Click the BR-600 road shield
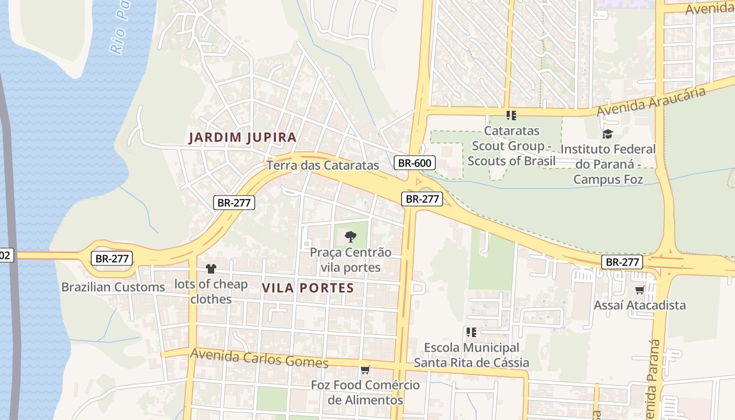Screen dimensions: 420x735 (414, 163)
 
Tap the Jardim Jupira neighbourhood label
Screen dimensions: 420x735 (243, 138)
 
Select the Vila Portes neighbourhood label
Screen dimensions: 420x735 (308, 288)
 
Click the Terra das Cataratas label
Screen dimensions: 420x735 (322, 165)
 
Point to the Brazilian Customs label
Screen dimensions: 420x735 (113, 287)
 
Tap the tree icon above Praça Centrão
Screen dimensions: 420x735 (350, 237)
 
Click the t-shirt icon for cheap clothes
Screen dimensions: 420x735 (211, 269)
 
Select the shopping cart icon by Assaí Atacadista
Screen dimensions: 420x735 (639, 290)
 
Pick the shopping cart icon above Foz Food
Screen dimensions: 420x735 (365, 370)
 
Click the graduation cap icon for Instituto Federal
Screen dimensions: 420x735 (607, 134)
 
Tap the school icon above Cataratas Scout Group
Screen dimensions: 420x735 (511, 115)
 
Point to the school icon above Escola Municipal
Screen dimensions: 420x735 (471, 332)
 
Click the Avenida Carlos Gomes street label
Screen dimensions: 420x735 (259, 358)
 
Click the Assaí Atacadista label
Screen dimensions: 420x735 (639, 305)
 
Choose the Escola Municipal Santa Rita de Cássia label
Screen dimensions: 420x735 (471, 355)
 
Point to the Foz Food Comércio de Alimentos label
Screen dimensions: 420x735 (365, 392)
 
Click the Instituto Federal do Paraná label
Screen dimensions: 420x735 (608, 164)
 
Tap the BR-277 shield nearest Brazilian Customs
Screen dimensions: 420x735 (112, 258)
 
